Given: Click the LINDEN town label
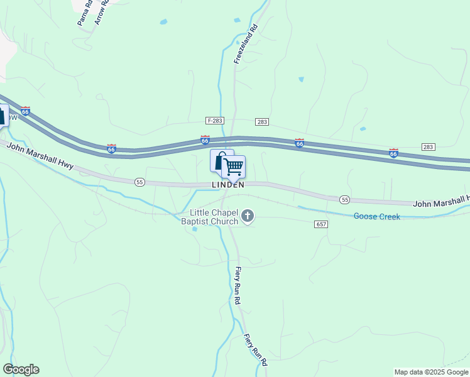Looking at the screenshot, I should [x=227, y=185].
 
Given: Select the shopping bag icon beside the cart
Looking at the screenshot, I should [x=219, y=161].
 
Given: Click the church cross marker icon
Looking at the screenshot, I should [x=248, y=217].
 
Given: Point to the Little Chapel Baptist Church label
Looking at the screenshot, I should [x=210, y=217].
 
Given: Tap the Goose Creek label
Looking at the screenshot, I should [x=376, y=216].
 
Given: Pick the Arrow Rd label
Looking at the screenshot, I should [x=101, y=12].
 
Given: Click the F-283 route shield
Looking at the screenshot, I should [x=215, y=120].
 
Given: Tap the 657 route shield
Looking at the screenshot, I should [x=321, y=224].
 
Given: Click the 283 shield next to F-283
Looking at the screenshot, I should [x=262, y=121].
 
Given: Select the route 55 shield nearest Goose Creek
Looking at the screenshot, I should [x=344, y=199].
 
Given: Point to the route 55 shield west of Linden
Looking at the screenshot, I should [x=139, y=182].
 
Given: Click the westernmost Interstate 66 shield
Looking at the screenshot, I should [x=25, y=111].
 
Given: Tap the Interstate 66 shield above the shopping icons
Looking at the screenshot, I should [x=205, y=139].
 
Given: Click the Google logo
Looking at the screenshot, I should [x=21, y=369].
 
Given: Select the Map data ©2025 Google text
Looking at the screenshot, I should [x=431, y=372].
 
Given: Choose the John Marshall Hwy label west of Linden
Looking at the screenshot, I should [x=41, y=156].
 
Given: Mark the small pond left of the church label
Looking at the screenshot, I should [x=194, y=229].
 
